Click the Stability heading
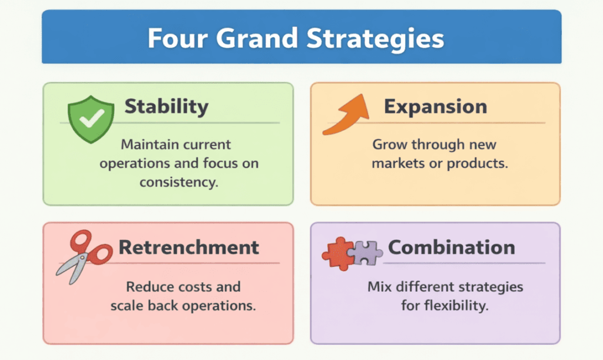(x=166, y=107)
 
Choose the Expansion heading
(x=435, y=107)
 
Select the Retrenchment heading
(x=188, y=247)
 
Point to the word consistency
(x=179, y=182)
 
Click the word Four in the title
(x=177, y=38)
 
